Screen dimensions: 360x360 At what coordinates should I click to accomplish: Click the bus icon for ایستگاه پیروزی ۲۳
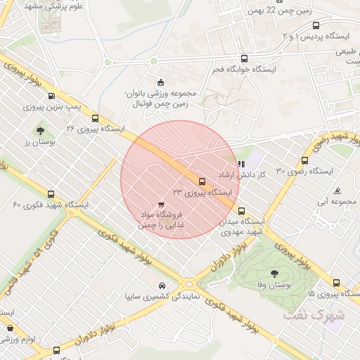coord(202,181)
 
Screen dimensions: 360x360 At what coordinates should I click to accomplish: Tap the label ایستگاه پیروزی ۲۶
coord(95,129)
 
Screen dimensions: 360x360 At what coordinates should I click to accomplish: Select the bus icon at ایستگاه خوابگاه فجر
coord(244,59)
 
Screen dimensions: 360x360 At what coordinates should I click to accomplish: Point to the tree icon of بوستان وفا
coord(274,274)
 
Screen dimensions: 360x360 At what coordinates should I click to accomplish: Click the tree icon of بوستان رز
coord(39,130)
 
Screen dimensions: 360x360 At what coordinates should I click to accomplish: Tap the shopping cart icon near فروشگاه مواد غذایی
coord(162,203)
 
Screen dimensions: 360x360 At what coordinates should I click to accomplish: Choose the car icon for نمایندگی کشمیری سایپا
coord(162,285)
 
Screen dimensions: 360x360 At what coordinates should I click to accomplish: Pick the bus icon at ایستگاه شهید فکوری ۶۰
coord(51,194)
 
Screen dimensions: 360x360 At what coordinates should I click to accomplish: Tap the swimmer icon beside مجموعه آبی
coord(339,191)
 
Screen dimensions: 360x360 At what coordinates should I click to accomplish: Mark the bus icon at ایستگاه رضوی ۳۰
coord(304,160)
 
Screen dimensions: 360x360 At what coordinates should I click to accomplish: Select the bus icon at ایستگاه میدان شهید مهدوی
coord(241,210)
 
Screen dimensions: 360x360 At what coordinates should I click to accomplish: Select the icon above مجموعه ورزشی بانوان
coord(161,82)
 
